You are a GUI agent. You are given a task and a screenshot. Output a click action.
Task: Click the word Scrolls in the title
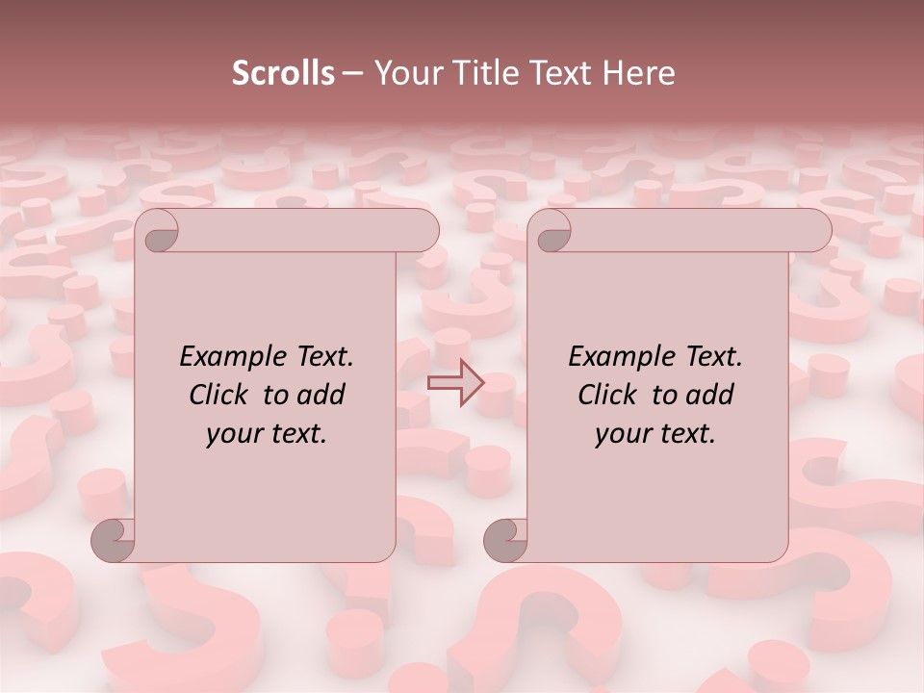[x=283, y=73]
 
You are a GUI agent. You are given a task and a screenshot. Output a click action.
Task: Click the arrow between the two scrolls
[x=457, y=383]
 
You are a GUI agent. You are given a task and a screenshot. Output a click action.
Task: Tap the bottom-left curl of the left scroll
[x=114, y=539]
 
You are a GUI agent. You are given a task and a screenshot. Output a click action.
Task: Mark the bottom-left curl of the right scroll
[x=506, y=539]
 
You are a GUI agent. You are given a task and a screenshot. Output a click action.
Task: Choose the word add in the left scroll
[x=321, y=396]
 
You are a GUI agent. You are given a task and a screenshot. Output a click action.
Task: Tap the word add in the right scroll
[x=709, y=396]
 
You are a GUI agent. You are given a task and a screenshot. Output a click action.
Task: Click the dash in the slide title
[x=352, y=73]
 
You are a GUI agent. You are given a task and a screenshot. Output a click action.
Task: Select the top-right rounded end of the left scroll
[x=423, y=231]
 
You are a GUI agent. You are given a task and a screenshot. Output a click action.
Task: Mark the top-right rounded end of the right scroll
[x=816, y=231]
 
